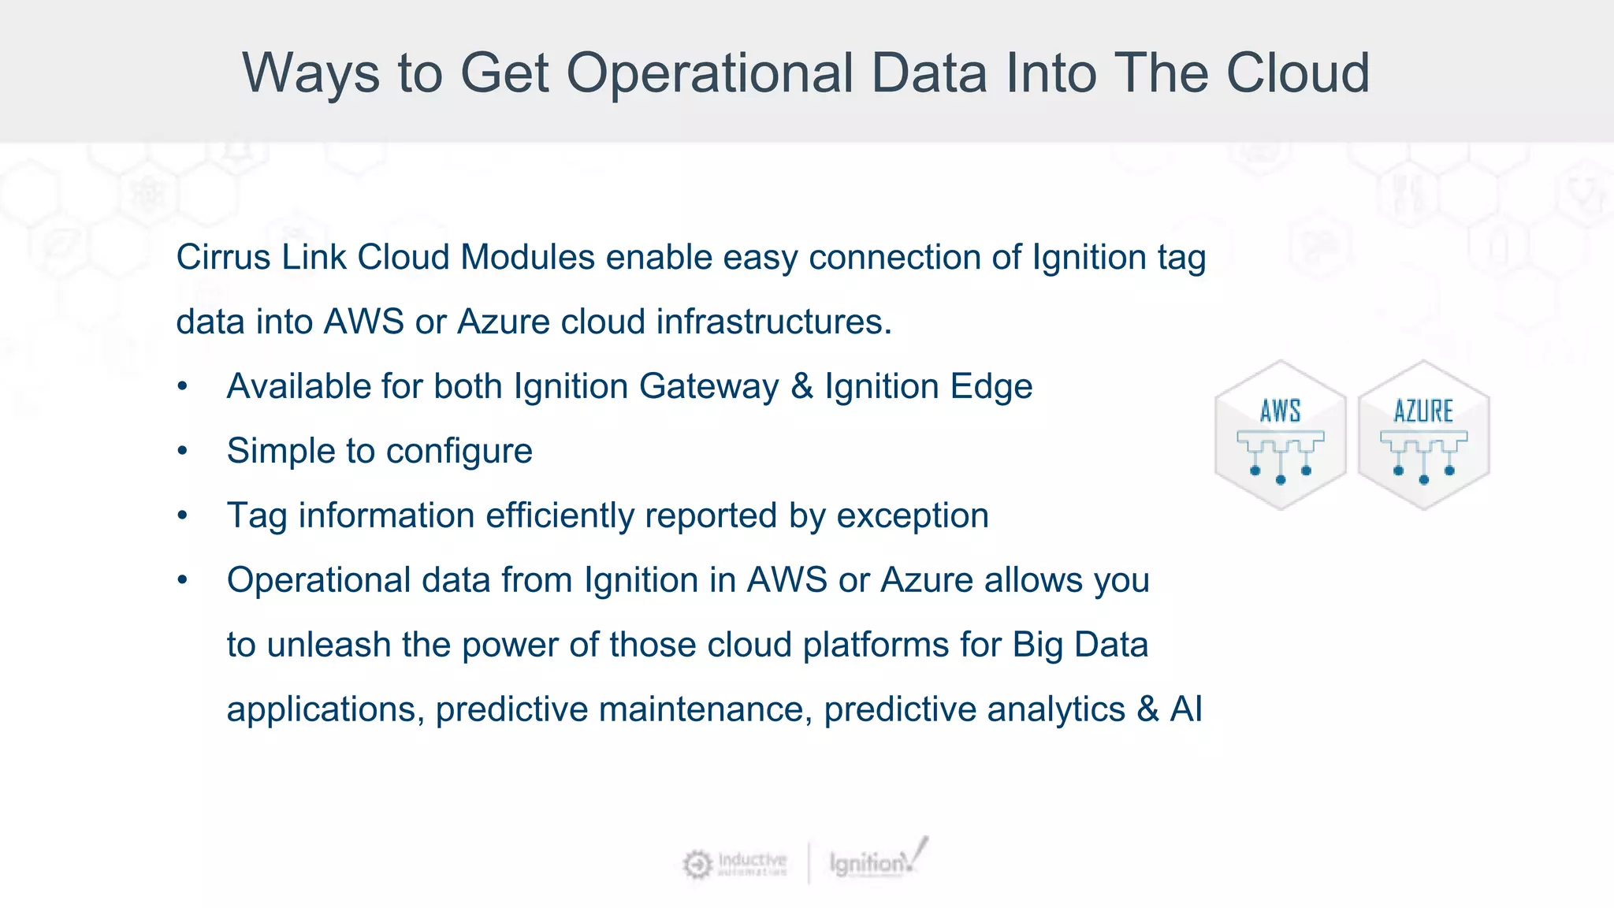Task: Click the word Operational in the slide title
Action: coord(709,73)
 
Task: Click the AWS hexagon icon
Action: coord(1280,435)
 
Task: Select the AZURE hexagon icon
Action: coord(1423,435)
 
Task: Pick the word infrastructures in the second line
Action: coord(772,322)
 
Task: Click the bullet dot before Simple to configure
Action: coord(183,452)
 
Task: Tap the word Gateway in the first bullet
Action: coord(708,387)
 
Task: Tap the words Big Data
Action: coord(1080,646)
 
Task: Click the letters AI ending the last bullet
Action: coord(1186,709)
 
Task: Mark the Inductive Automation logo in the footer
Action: coord(734,864)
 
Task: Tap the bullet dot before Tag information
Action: coord(183,516)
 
